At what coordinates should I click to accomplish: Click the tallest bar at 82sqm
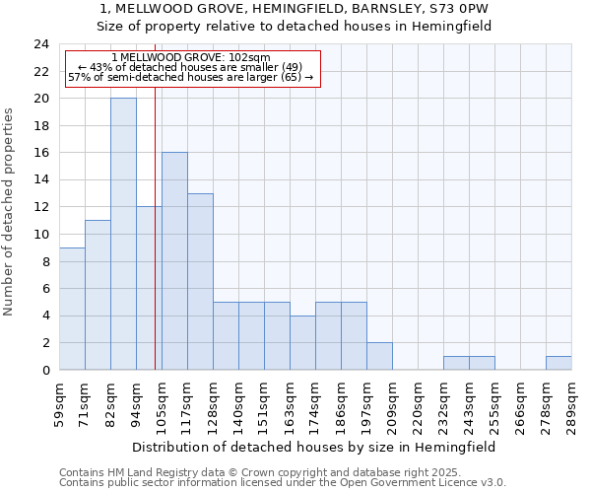pos(123,234)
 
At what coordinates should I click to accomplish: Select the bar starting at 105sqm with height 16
pos(174,261)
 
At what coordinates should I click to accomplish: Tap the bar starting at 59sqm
pos(72,309)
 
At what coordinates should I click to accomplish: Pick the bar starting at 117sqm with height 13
pos(200,282)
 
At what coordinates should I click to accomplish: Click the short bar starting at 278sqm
pos(558,363)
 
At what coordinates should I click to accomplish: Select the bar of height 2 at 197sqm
pos(379,356)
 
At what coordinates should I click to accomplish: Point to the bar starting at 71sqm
pos(98,295)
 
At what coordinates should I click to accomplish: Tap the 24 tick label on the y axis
pos(40,44)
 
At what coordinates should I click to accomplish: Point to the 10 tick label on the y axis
pos(40,235)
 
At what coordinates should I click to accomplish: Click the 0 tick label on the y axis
pos(44,370)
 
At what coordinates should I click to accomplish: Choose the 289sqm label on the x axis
pos(571,402)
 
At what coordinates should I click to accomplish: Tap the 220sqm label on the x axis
pos(418,402)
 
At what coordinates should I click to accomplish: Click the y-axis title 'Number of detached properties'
pos(9,212)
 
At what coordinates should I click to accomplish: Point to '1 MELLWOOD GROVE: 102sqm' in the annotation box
pos(190,58)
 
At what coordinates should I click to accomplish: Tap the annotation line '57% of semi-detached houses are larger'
pos(190,77)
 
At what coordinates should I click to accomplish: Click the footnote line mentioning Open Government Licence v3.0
pos(283,483)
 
